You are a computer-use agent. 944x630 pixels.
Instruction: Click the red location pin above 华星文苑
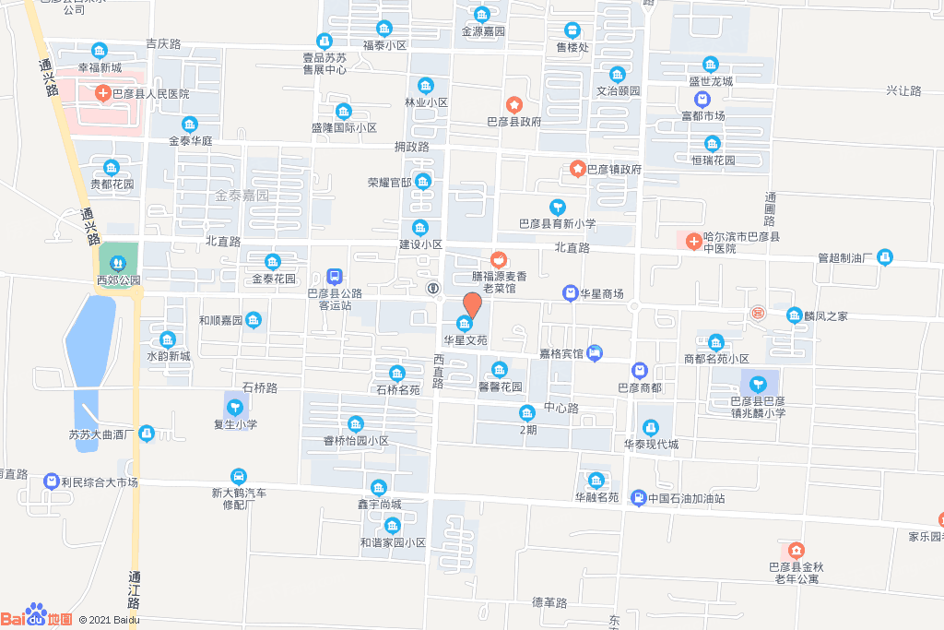click(x=471, y=304)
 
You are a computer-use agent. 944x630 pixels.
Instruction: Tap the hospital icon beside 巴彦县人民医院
click(x=103, y=93)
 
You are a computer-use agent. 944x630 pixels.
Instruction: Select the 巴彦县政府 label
click(x=513, y=121)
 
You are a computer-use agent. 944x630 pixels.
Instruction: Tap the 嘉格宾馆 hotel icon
click(x=595, y=351)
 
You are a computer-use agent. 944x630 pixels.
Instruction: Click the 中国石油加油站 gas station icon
click(x=638, y=498)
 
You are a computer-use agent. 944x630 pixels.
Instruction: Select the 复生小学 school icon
click(x=235, y=406)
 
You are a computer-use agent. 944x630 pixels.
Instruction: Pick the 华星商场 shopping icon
click(x=570, y=293)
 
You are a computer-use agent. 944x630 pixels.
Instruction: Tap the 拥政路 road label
click(x=412, y=147)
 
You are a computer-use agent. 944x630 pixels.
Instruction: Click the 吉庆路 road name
click(x=163, y=43)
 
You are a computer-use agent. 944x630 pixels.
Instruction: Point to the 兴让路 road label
click(x=903, y=90)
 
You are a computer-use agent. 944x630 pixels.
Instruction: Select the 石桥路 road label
click(x=259, y=387)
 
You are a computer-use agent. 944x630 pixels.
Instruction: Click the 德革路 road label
click(x=549, y=602)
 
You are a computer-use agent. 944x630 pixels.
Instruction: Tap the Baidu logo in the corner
click(x=37, y=615)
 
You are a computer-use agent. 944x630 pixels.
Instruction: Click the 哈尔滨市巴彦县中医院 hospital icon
click(x=693, y=241)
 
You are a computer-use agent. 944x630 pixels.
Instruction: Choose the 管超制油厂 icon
click(x=885, y=256)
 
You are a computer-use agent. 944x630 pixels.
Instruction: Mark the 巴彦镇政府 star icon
click(x=577, y=169)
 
